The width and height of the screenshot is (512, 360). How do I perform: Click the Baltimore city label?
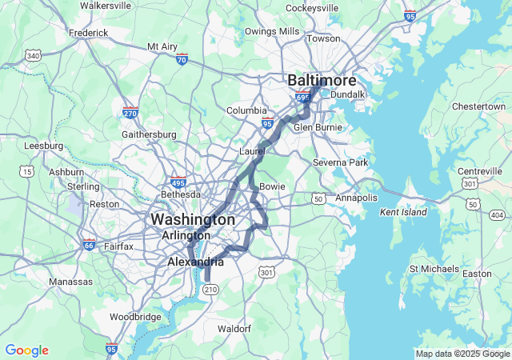(x=320, y=81)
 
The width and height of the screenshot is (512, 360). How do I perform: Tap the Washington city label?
(x=193, y=219)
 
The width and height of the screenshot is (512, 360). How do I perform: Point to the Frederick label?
(x=88, y=33)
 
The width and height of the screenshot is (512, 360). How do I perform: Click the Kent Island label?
(x=403, y=212)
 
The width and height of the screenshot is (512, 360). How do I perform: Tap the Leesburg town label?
(x=44, y=146)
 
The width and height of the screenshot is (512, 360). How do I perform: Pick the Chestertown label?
(x=478, y=106)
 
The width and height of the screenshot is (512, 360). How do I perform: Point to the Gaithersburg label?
(x=149, y=134)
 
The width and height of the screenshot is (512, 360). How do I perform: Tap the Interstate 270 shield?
(x=130, y=114)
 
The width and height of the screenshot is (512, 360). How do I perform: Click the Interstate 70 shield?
(x=182, y=59)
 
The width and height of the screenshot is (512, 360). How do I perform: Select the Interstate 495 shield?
(x=178, y=182)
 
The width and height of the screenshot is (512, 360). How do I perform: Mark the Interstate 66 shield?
(x=88, y=246)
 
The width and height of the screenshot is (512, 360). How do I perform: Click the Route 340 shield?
(x=33, y=56)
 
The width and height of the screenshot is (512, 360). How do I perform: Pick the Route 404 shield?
(x=497, y=215)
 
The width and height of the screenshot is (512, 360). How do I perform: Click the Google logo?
(x=26, y=350)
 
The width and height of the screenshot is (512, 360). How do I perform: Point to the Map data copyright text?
(x=462, y=354)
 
